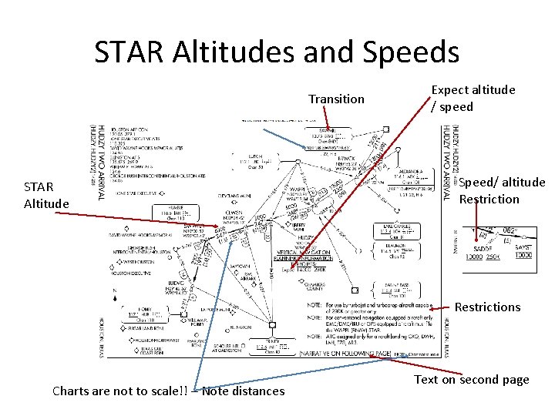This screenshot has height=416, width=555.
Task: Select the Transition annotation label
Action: (336, 99)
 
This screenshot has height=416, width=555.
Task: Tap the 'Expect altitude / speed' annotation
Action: (473, 98)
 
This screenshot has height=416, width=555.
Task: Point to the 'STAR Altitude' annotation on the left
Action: (47, 195)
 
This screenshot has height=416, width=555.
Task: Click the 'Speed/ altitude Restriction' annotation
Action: (501, 191)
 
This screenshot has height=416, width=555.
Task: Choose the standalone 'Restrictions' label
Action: (487, 307)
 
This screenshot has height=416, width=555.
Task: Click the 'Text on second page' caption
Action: (472, 379)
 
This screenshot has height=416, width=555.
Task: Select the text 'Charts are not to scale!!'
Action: (119, 391)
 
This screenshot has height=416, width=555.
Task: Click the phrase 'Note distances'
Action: (243, 391)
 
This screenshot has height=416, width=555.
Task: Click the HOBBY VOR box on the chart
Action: (143, 314)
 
